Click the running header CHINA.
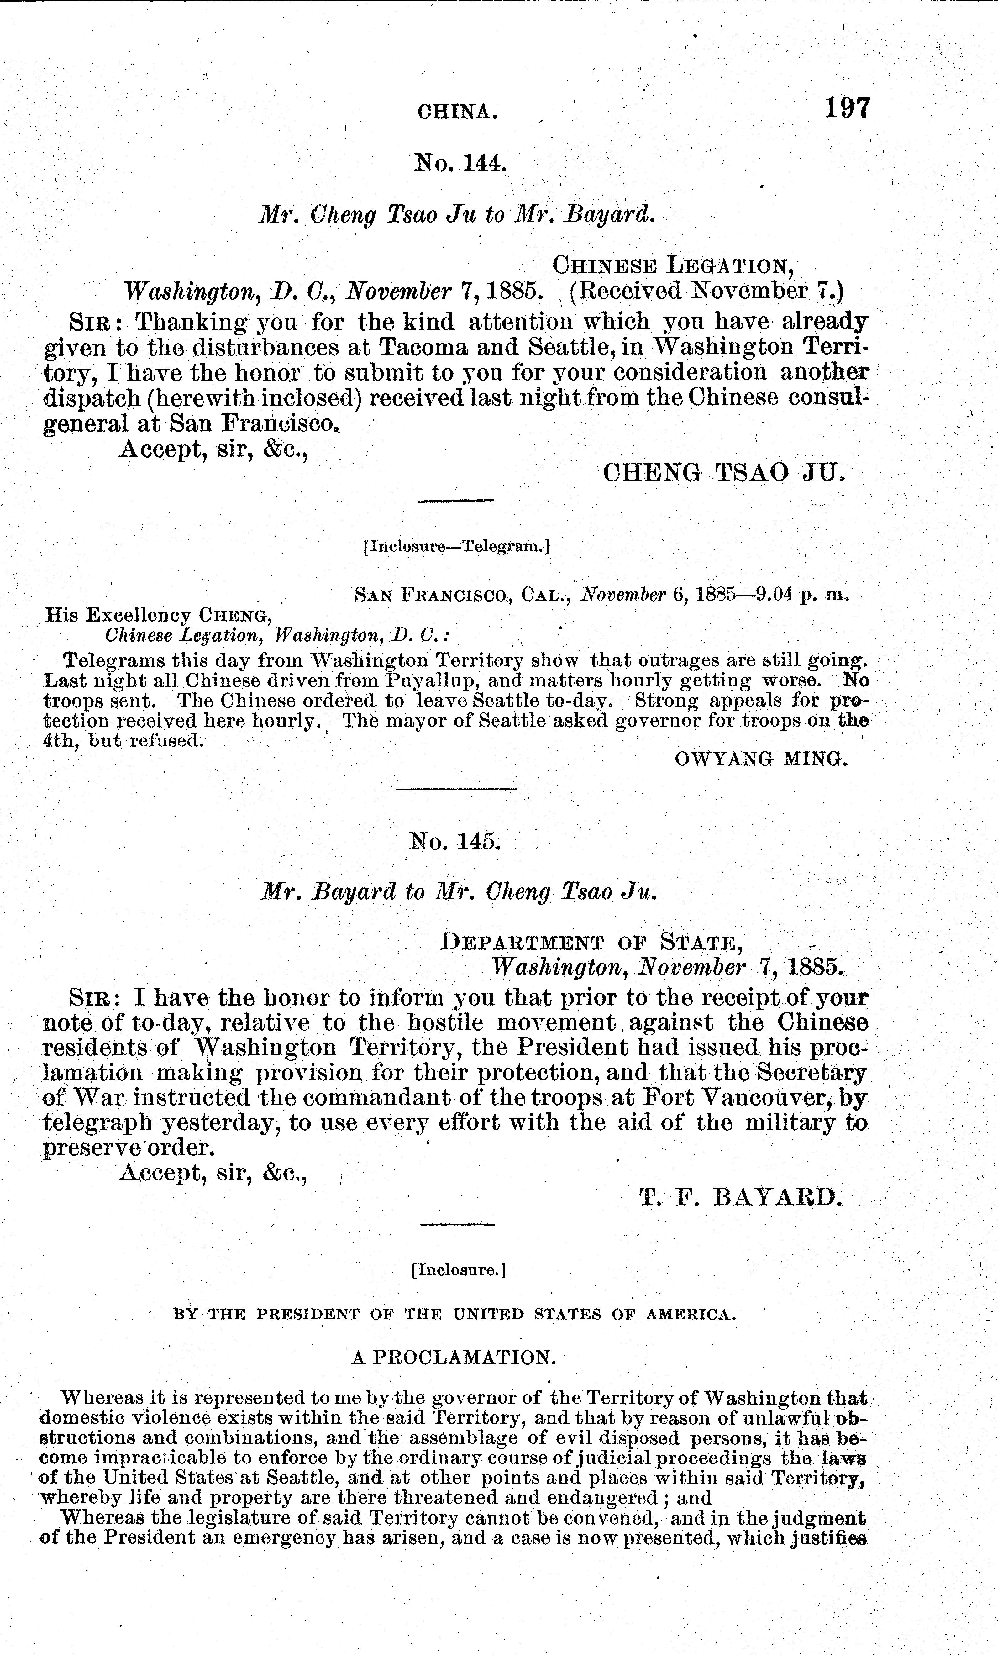pos(457,112)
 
